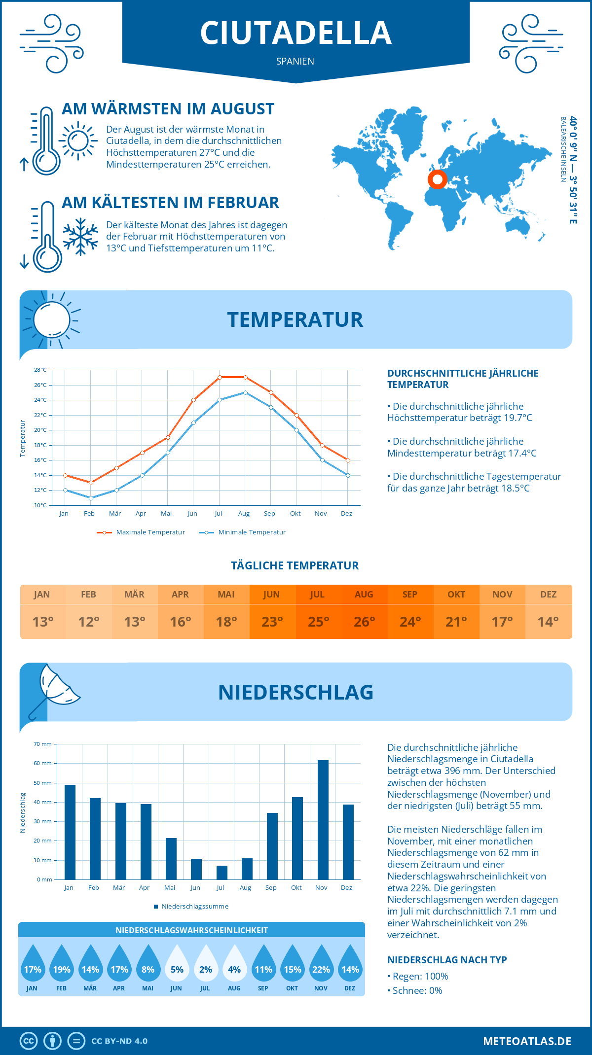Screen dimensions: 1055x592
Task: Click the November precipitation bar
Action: pos(323,820)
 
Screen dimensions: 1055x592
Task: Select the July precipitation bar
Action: pos(222,873)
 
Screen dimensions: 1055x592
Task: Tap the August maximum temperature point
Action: pos(245,377)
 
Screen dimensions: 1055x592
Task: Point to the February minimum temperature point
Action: pos(91,498)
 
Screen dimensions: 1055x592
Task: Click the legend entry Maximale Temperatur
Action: pos(141,532)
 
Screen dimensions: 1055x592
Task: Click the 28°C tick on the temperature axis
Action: pos(40,370)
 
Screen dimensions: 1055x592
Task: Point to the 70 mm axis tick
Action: pos(43,744)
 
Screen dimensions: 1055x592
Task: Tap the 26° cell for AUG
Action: pos(364,622)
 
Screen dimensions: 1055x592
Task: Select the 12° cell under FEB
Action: pos(89,622)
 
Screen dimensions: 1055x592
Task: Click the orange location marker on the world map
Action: pos(438,179)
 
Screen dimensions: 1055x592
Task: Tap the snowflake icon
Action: pos(80,237)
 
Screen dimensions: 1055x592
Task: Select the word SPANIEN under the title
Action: pos(295,61)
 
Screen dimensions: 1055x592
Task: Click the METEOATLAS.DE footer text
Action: pos(527,1041)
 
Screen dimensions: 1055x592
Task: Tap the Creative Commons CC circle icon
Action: pos(29,1041)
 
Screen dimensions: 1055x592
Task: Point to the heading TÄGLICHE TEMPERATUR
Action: pos(295,565)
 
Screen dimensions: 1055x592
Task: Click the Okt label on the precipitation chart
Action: pos(296,888)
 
